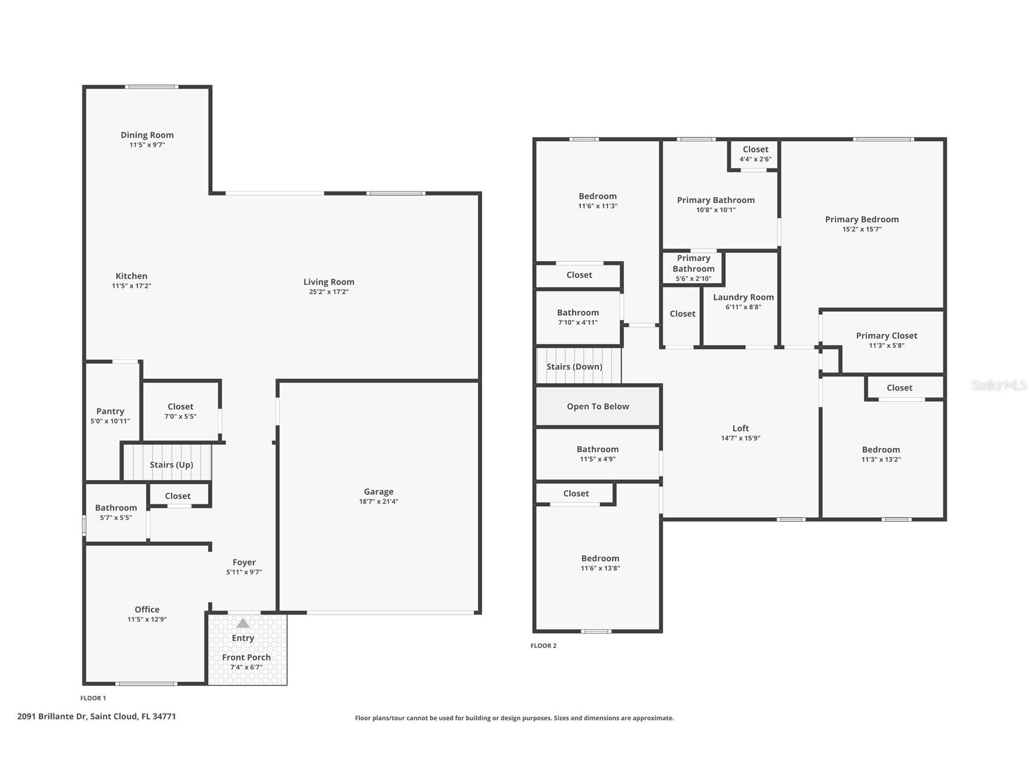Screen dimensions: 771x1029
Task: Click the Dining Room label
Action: pos(147,135)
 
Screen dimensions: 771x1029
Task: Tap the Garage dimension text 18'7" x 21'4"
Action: pos(378,502)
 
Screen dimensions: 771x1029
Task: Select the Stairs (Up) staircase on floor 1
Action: pos(170,464)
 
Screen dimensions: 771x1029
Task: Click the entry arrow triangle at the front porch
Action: pos(243,623)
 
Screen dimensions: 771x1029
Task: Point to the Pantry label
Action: pos(110,412)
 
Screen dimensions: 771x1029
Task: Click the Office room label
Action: pos(147,610)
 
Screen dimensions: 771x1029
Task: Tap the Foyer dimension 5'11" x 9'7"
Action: pos(244,572)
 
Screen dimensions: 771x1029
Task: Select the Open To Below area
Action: pos(597,407)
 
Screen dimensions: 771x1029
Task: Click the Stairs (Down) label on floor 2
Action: pos(574,367)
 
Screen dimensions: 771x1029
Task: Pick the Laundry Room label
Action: pos(743,298)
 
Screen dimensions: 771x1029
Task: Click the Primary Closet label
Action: pos(886,336)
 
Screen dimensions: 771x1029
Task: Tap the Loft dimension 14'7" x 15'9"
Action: pos(740,438)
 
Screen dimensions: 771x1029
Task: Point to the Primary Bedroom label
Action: pos(861,219)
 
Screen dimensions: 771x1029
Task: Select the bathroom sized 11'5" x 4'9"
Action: pos(597,454)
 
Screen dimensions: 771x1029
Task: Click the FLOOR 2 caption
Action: pos(543,646)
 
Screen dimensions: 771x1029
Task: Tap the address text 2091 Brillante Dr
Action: pos(96,716)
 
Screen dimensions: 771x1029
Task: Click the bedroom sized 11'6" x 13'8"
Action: pos(600,562)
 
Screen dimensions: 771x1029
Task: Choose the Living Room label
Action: pos(329,282)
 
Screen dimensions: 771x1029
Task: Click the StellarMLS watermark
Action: pos(998,385)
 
